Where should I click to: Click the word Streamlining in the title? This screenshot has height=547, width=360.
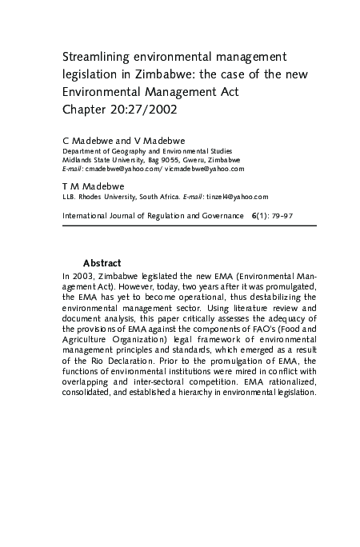point(95,57)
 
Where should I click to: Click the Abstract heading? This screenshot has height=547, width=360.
point(102,263)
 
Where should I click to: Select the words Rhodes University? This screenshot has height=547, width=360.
point(111,196)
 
